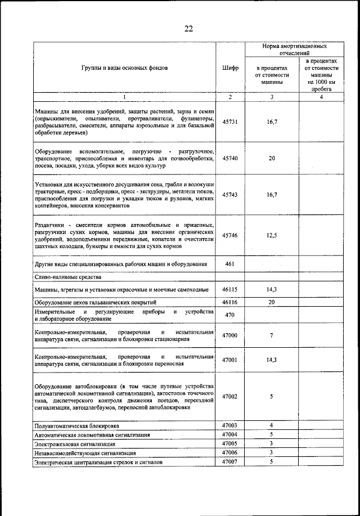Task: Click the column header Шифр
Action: coord(230,68)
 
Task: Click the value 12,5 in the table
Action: coord(272,235)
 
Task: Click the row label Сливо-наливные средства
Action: coord(67,277)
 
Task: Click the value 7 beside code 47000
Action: coord(272,336)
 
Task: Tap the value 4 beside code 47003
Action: coord(272,425)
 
